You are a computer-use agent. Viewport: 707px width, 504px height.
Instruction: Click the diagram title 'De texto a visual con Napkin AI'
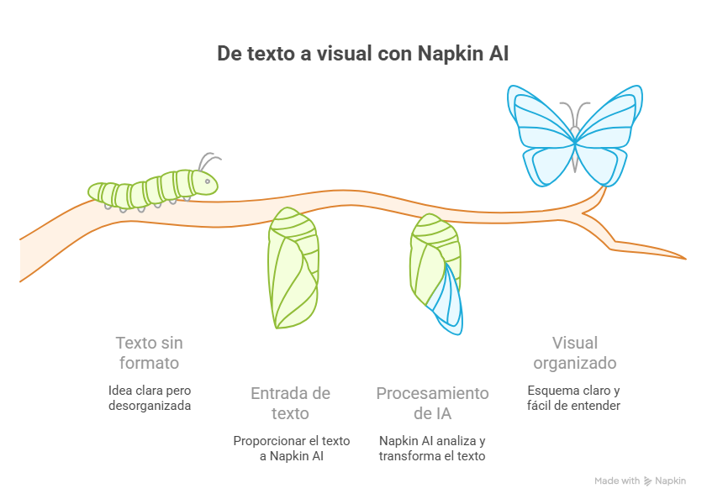pyautogui.click(x=363, y=53)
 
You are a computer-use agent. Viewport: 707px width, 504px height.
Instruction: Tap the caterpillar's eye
pyautogui.click(x=208, y=181)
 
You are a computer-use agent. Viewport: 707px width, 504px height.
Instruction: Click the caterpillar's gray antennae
pyautogui.click(x=209, y=160)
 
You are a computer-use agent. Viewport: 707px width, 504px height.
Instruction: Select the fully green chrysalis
pyautogui.click(x=293, y=268)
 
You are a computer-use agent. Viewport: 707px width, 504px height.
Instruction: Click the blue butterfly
pyautogui.click(x=575, y=135)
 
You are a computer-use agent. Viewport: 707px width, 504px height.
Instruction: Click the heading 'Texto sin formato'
pyautogui.click(x=150, y=353)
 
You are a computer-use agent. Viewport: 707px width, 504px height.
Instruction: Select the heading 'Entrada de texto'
pyautogui.click(x=290, y=403)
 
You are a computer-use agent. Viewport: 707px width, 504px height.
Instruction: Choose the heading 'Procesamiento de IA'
pyautogui.click(x=432, y=403)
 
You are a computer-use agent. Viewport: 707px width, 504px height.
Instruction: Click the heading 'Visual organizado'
pyautogui.click(x=575, y=353)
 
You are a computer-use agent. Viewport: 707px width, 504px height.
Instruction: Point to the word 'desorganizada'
pyautogui.click(x=150, y=406)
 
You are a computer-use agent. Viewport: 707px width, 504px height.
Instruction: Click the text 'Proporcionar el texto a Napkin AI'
pyautogui.click(x=292, y=449)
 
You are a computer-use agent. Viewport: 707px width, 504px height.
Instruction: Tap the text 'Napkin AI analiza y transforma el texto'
pyautogui.click(x=432, y=449)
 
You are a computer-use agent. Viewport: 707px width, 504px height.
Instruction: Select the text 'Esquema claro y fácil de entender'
pyautogui.click(x=573, y=397)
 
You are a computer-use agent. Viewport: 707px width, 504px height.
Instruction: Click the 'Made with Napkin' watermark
pyautogui.click(x=641, y=481)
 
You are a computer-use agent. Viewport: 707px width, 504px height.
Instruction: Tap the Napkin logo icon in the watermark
pyautogui.click(x=648, y=481)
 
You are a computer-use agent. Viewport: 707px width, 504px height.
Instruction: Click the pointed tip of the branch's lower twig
pyautogui.click(x=686, y=259)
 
